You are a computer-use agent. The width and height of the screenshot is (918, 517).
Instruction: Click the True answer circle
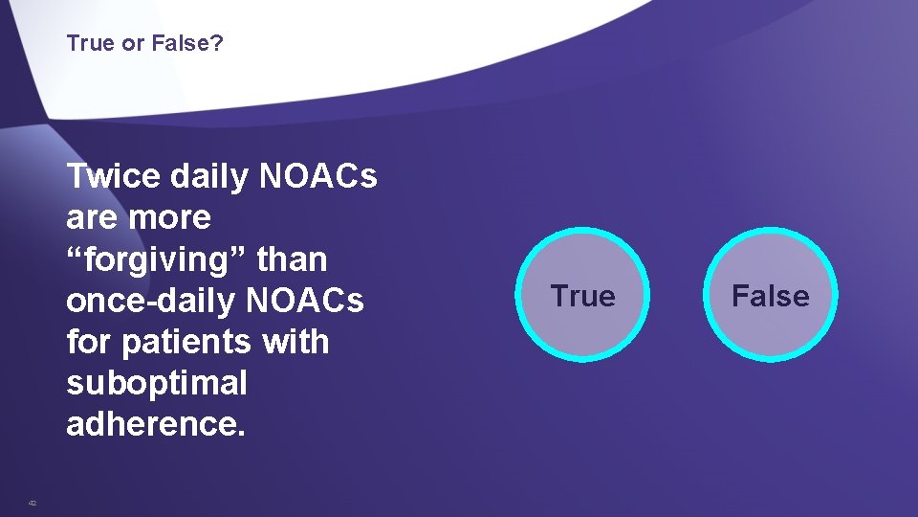coord(583,296)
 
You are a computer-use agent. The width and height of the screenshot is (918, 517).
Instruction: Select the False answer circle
coord(770,296)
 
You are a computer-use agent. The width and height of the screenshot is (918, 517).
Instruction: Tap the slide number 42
coord(33,503)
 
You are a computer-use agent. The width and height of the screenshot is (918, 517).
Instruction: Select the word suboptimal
coord(157,383)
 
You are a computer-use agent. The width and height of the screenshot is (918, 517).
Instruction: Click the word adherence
coord(156,424)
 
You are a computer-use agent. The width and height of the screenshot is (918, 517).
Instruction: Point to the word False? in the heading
coord(186,43)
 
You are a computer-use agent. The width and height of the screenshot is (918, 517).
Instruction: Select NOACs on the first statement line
coord(316,176)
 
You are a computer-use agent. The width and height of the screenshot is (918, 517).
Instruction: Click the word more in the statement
coord(166,218)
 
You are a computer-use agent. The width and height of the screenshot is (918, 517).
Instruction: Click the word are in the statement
coord(91,218)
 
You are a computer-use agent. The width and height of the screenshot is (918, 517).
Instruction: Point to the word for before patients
coord(87,342)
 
